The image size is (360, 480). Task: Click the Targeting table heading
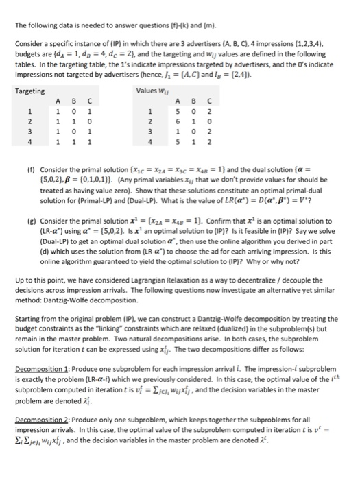click(29, 91)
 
